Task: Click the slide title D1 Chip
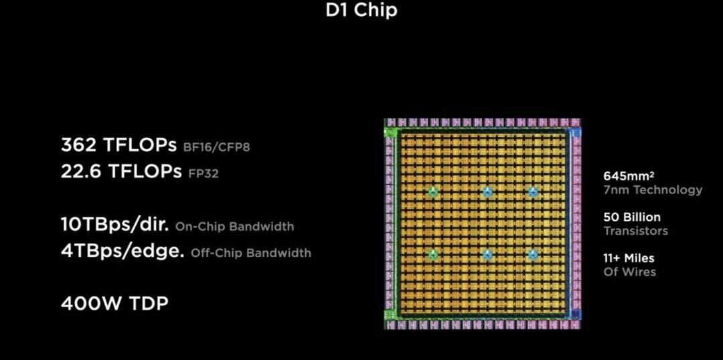(361, 11)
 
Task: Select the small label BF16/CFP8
(216, 147)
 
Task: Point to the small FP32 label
(203, 173)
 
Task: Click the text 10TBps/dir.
(115, 225)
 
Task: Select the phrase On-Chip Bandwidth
(234, 227)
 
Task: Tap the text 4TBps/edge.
(123, 252)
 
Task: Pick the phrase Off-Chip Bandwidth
(251, 254)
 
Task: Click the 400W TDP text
(114, 303)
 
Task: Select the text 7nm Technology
(653, 190)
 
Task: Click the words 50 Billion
(631, 217)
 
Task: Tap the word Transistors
(635, 231)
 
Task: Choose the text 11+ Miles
(629, 258)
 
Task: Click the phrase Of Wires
(629, 272)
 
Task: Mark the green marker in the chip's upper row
(433, 192)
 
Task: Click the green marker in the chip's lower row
(433, 254)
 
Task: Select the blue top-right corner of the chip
(574, 133)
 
